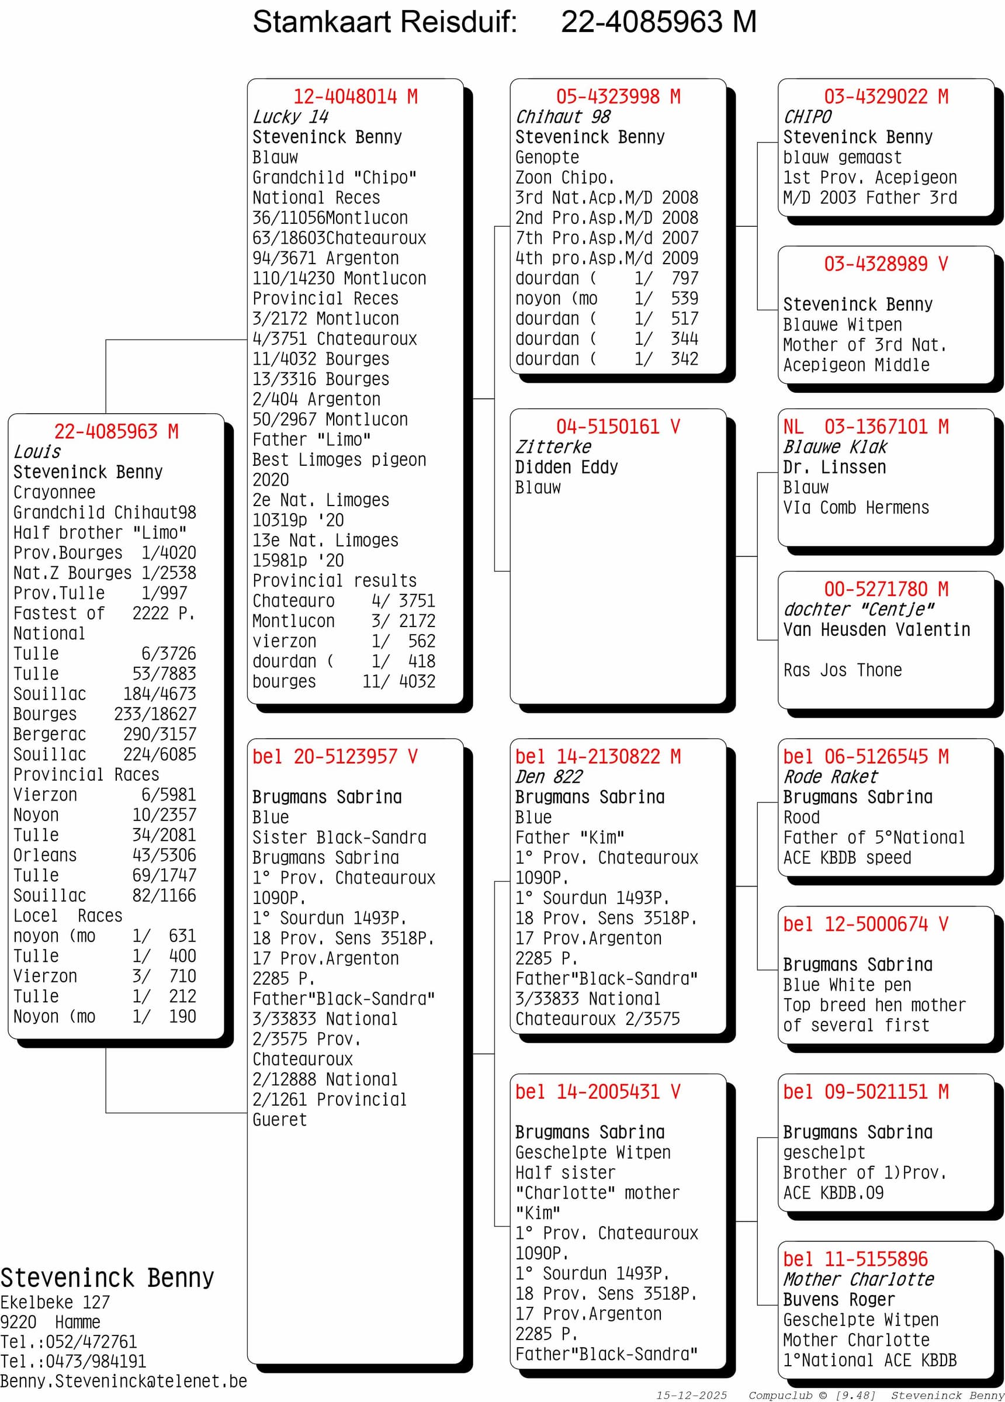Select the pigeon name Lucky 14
[290, 117]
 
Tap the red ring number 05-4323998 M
[618, 96]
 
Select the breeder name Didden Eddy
[566, 468]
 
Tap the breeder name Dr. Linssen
[834, 468]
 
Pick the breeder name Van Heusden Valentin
[876, 630]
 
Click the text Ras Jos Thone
[842, 670]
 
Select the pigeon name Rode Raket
[830, 777]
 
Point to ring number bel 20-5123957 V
[334, 757]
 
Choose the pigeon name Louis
[37, 452]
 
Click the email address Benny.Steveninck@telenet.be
[123, 1381]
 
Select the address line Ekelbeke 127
[55, 1303]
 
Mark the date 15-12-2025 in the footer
[691, 1395]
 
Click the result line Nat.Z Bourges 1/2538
[105, 573]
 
